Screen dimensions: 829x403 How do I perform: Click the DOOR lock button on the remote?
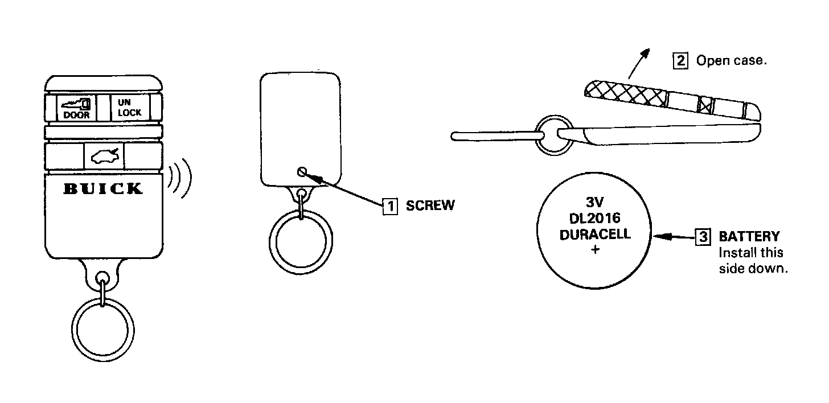point(76,108)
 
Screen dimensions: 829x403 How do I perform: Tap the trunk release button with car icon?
point(103,155)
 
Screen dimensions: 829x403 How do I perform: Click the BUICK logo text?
point(102,189)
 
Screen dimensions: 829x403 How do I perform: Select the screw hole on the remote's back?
point(301,171)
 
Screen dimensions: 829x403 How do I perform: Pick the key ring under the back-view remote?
point(301,242)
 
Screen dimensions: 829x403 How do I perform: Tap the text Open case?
point(732,61)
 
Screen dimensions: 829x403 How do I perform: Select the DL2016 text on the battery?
point(595,218)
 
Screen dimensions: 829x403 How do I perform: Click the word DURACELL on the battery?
point(595,234)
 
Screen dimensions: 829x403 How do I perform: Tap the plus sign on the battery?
point(595,249)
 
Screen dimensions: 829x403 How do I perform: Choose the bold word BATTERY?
point(749,236)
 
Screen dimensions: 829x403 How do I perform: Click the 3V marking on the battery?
point(595,203)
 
